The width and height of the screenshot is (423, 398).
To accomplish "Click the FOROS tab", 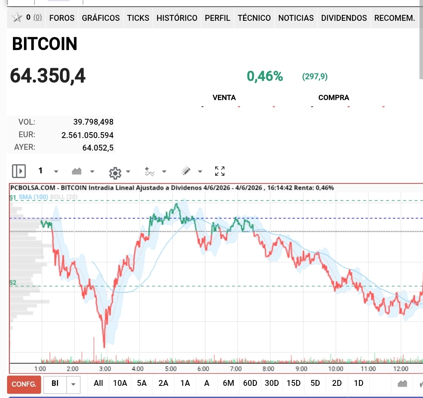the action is (x=62, y=18).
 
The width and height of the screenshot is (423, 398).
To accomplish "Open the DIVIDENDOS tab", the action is (x=344, y=18).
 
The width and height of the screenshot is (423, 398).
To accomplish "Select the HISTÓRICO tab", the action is (x=177, y=18).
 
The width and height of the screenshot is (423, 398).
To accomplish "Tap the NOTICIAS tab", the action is (x=296, y=18).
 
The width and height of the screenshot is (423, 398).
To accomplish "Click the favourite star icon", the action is (x=17, y=18).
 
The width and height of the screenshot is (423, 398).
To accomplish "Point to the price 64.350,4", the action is (x=48, y=76).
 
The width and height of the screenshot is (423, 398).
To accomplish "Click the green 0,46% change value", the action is (x=265, y=76).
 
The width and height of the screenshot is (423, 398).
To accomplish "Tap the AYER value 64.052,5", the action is (x=98, y=147).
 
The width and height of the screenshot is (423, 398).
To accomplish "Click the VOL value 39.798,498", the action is (x=93, y=122).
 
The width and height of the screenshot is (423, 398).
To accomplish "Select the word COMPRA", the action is (x=334, y=97).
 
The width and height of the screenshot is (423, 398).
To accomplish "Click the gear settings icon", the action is (x=115, y=173).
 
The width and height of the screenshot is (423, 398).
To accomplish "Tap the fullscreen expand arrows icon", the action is (x=220, y=171).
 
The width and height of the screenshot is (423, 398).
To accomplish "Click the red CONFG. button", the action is (x=24, y=384).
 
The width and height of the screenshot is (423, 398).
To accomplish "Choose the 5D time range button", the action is (x=315, y=383).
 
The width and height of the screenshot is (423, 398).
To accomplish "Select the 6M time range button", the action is (x=228, y=383).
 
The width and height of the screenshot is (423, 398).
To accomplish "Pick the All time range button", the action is (x=98, y=383).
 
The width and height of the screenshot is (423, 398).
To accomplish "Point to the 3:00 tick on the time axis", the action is (x=105, y=369).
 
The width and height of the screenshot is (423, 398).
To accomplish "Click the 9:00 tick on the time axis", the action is (x=301, y=369).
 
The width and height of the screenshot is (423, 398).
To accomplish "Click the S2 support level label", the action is (x=13, y=282).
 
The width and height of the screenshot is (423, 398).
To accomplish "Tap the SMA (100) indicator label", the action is (x=33, y=197).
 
